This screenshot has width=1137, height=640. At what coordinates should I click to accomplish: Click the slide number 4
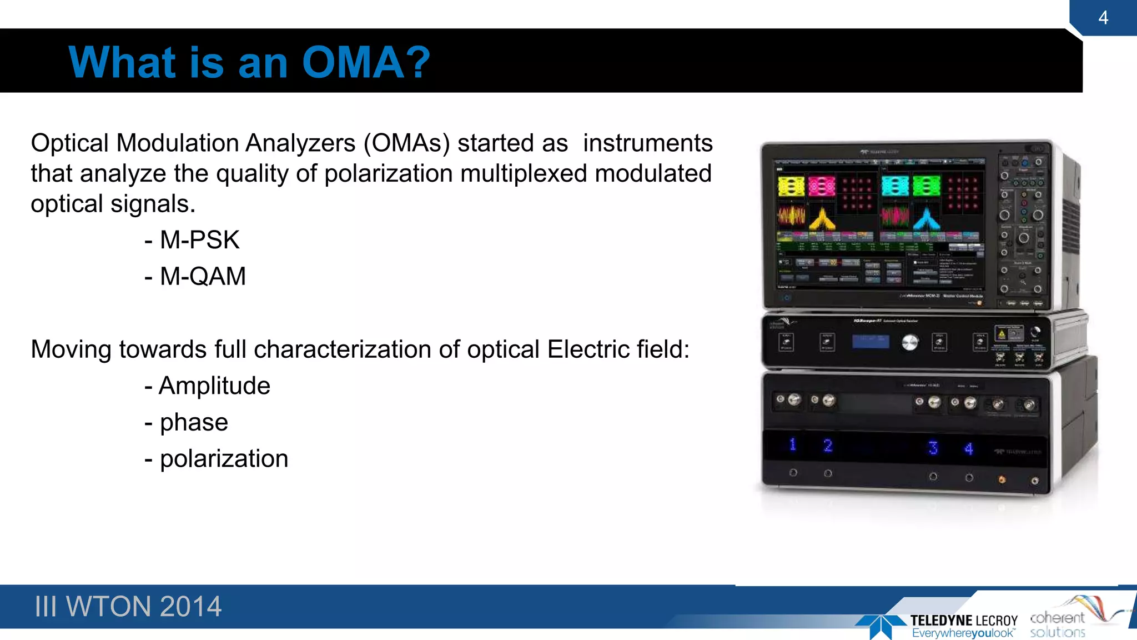click(x=1103, y=18)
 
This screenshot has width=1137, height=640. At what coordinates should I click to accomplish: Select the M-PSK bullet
click(x=192, y=240)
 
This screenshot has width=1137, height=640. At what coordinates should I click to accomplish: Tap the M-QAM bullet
click(x=195, y=276)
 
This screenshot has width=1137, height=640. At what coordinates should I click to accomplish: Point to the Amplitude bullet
click(x=207, y=386)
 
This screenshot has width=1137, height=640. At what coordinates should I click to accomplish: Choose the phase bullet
click(x=187, y=422)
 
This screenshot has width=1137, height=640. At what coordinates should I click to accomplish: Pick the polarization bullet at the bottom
click(x=217, y=459)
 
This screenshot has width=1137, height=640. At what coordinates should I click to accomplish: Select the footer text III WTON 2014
click(x=128, y=606)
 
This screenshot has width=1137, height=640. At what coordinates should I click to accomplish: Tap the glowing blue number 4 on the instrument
click(x=969, y=448)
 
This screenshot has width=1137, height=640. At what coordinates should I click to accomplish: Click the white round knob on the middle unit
click(x=909, y=342)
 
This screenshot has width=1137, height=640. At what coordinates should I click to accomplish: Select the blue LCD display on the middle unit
click(x=871, y=342)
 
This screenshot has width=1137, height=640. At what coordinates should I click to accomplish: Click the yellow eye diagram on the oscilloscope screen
click(x=791, y=187)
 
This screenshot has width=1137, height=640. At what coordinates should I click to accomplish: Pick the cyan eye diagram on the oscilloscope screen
click(x=895, y=187)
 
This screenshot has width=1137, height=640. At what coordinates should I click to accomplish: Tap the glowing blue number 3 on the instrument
click(x=933, y=447)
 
